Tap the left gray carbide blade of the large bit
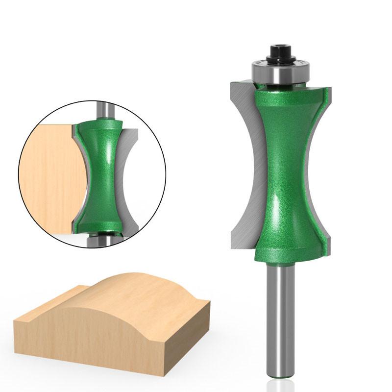[x=243, y=162]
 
